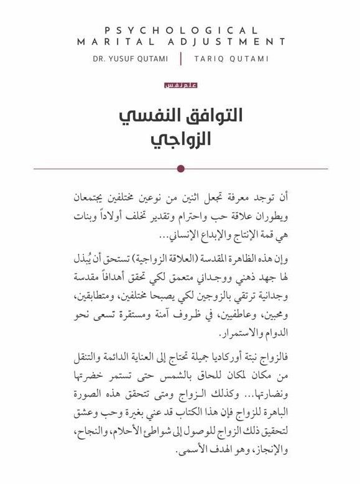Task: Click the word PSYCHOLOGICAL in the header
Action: click(180, 29)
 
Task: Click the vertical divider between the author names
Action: click(181, 58)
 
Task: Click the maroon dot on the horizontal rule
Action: click(180, 168)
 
